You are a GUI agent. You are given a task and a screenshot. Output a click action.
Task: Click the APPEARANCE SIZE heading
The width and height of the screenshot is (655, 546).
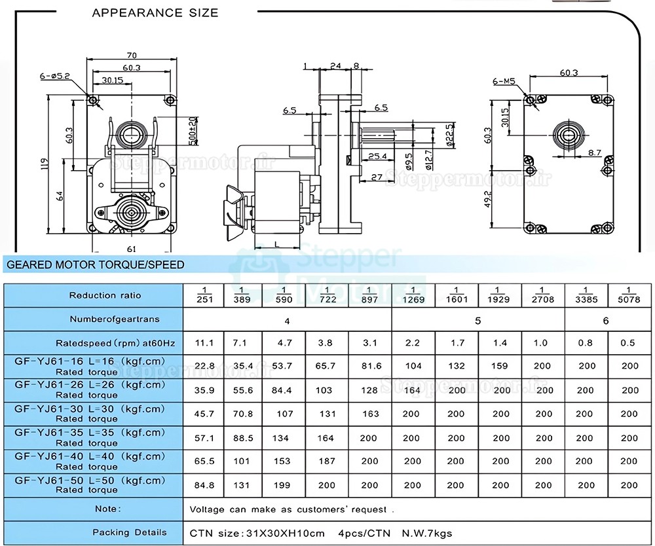coord(155,12)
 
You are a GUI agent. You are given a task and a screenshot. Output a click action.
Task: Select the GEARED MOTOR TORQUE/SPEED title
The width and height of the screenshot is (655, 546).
coord(95,265)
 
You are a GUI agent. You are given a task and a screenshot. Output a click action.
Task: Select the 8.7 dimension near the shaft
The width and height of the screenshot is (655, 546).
coord(594,152)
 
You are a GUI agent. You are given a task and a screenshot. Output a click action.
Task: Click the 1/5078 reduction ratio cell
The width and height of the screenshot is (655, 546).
coord(629,295)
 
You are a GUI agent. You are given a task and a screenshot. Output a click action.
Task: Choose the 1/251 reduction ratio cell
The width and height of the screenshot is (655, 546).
coord(204,295)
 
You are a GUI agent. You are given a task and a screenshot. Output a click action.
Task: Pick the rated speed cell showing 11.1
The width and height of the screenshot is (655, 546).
coord(204,342)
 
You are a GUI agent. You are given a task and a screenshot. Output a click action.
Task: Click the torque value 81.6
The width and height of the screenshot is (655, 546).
coord(369,366)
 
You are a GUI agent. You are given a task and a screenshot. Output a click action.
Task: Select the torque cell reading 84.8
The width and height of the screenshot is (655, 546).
coord(204,485)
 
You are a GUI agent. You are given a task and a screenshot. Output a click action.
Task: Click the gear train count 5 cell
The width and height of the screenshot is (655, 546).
coord(477,321)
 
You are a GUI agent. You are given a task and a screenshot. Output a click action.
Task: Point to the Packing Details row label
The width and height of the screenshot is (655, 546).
coord(129,532)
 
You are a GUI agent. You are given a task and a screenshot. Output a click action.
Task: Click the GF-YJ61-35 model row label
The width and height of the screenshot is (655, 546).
coord(91,438)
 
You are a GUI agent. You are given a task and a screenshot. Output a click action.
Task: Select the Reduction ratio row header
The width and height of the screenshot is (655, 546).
coord(105,295)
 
